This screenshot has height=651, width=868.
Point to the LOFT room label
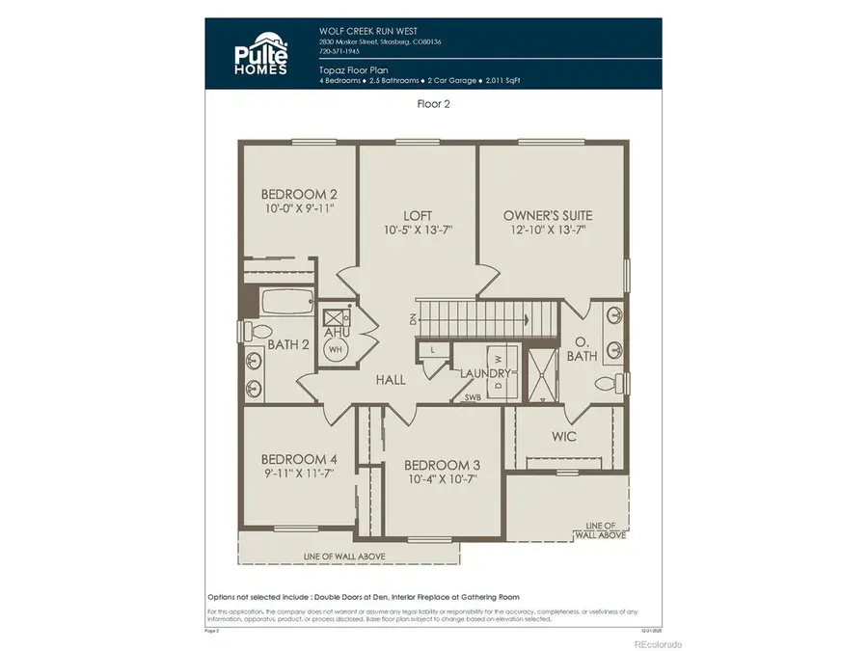(x=418, y=215)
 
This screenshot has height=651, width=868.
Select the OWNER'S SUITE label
(x=548, y=215)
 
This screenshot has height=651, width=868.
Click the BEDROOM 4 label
(x=299, y=458)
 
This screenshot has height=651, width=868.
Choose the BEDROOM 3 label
(x=443, y=465)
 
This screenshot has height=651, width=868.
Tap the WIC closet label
(x=564, y=436)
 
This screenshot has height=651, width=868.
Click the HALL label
(x=391, y=380)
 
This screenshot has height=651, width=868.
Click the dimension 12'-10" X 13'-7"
(x=548, y=230)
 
